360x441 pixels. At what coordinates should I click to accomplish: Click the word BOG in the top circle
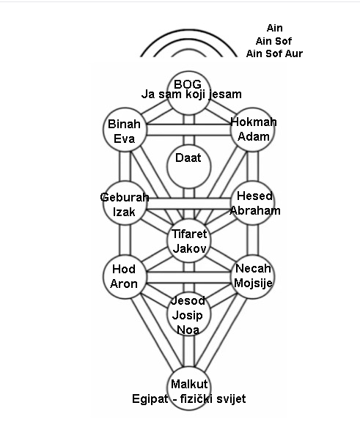(x=188, y=84)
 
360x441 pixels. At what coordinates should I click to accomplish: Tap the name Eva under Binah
(x=124, y=138)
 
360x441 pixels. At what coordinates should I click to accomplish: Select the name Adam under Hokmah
(x=254, y=136)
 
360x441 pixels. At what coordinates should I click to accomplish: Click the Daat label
(x=188, y=157)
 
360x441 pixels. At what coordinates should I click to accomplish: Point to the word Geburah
(x=125, y=198)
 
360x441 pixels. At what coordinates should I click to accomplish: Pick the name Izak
(x=124, y=212)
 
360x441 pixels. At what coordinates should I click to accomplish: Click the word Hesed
(x=254, y=196)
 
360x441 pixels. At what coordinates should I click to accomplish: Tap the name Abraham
(x=255, y=211)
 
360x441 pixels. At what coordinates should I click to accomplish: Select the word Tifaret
(x=189, y=234)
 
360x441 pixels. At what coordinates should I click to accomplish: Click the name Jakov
(x=189, y=248)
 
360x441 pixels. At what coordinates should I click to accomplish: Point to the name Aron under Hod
(x=124, y=283)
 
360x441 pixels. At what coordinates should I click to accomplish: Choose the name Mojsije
(x=253, y=283)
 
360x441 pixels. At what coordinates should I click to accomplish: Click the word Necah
(x=253, y=269)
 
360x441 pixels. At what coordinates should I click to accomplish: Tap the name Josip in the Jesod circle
(x=187, y=316)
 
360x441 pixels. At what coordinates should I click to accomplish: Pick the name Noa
(x=188, y=330)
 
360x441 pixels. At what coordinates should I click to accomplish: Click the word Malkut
(x=189, y=384)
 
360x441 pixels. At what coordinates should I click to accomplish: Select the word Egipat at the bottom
(x=150, y=399)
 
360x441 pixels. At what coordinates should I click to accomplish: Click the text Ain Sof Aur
(x=274, y=53)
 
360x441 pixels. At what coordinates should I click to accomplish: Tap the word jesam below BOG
(x=225, y=94)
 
